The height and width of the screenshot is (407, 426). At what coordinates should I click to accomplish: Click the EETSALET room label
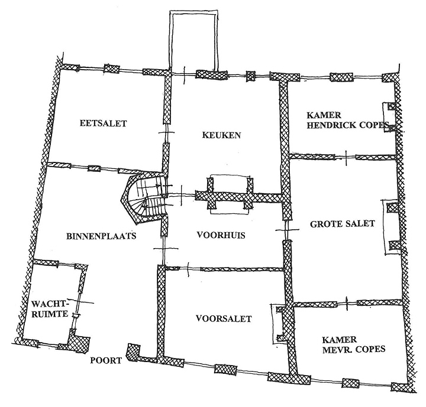(104, 123)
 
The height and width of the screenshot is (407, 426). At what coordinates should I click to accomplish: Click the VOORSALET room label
(223, 319)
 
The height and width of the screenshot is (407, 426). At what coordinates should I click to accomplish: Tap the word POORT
(106, 360)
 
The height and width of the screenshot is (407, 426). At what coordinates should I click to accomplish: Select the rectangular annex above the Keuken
(193, 41)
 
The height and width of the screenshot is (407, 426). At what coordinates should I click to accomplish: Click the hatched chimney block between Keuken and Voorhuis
(230, 194)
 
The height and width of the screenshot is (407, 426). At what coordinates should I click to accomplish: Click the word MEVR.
(333, 349)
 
